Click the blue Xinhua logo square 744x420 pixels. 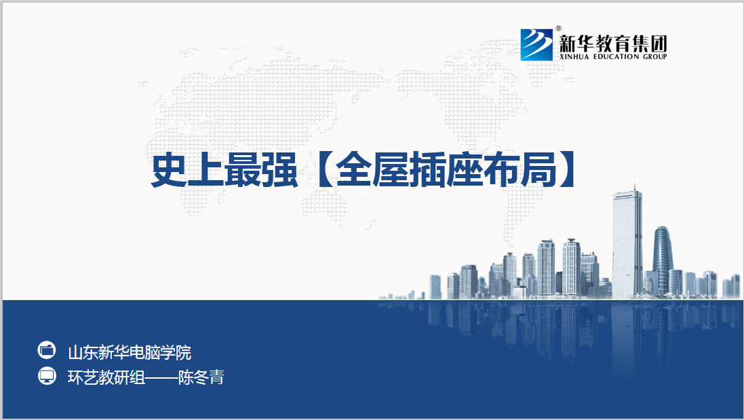point(536,45)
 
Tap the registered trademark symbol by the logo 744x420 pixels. point(558,28)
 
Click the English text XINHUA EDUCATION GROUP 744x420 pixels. point(613,56)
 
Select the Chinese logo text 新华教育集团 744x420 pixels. point(613,43)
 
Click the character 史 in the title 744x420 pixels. point(169,170)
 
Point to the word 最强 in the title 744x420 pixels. point(260,170)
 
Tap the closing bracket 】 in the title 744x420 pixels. point(568,170)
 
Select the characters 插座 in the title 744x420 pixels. point(445,170)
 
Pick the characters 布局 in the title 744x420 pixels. point(519,170)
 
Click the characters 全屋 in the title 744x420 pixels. point(372,170)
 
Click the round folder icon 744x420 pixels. point(47,350)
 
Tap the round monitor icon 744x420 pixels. point(47,376)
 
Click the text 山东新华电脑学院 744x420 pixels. point(130,353)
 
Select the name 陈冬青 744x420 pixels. point(201,377)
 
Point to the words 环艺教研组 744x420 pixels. point(106,377)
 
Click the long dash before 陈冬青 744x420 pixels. point(161,378)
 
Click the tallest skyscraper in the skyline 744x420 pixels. point(627,243)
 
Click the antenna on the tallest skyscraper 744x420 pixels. point(634,188)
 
